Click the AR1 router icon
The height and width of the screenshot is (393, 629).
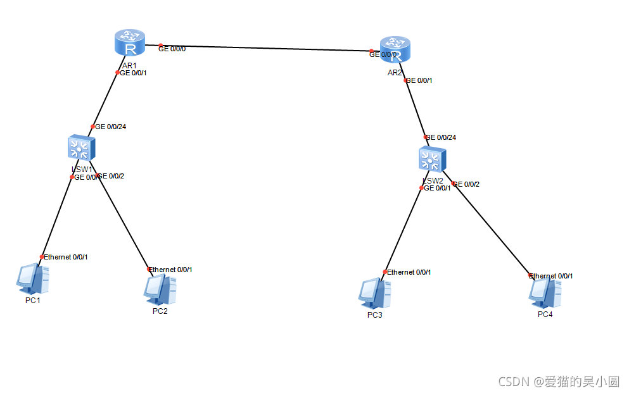[130, 42]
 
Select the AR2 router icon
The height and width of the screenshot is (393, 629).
[396, 49]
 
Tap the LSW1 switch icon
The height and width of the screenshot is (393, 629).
[80, 149]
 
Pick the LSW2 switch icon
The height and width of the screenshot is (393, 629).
[432, 159]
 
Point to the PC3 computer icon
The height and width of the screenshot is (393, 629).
[374, 293]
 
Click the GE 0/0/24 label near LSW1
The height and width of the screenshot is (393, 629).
[110, 127]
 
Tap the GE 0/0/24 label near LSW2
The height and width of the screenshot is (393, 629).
[441, 137]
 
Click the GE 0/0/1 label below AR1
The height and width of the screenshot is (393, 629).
[133, 73]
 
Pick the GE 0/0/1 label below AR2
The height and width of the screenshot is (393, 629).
[419, 80]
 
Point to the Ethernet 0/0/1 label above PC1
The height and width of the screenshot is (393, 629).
[65, 257]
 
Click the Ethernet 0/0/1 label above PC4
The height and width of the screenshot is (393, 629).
[551, 276]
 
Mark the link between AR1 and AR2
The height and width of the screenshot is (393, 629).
[266, 48]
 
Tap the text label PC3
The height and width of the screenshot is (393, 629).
[374, 315]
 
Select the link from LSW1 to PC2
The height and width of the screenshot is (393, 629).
[124, 221]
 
